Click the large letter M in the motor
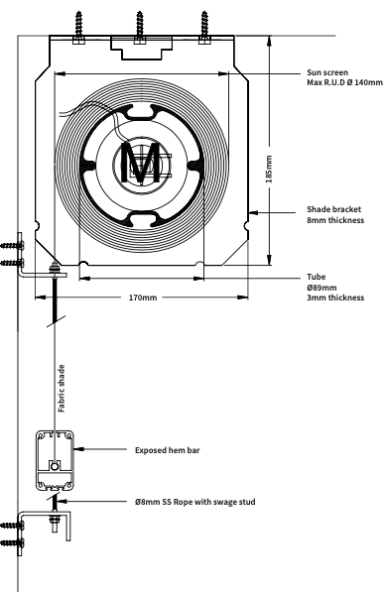click(x=140, y=163)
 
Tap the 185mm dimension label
click(x=269, y=169)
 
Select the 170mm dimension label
click(x=143, y=297)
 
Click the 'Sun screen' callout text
click(x=327, y=72)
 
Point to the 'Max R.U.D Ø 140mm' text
click(x=344, y=82)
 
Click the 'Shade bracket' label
click(x=334, y=209)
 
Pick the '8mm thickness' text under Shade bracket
click(x=335, y=220)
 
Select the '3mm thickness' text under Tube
click(x=335, y=297)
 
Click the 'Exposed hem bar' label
click(x=167, y=450)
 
